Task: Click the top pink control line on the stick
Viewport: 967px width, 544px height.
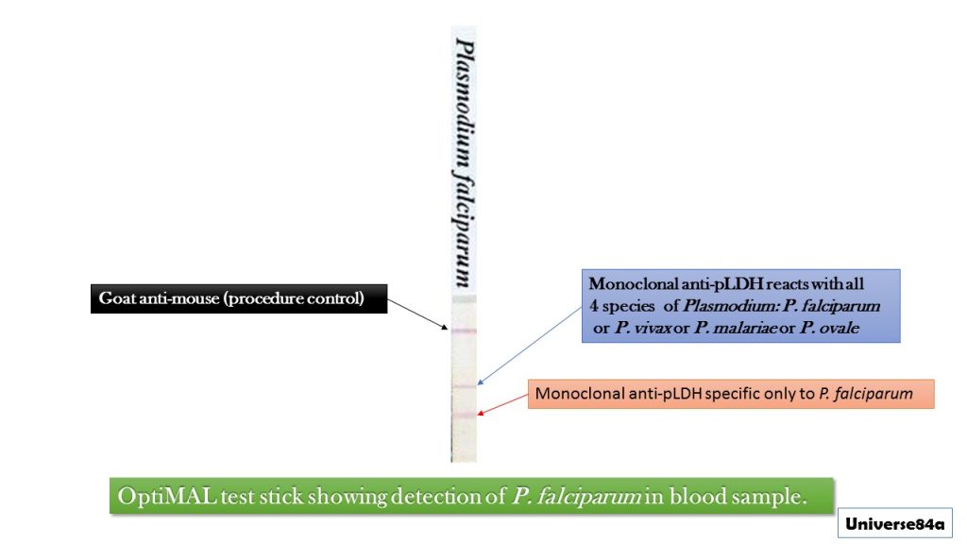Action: click(464, 331)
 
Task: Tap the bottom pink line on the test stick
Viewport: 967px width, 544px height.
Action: click(464, 415)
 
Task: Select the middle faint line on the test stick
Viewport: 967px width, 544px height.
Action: click(464, 386)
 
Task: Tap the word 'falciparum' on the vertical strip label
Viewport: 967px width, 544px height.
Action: click(464, 228)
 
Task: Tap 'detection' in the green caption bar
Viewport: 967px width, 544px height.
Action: click(438, 497)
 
